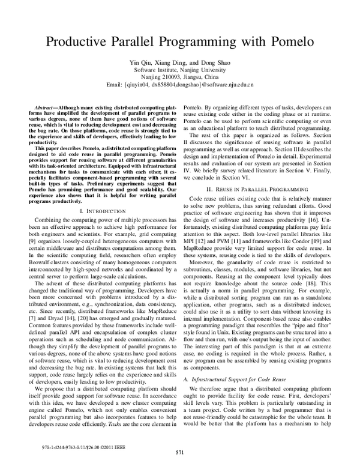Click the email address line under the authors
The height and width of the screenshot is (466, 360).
(179, 85)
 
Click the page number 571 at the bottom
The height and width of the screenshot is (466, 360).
(179, 452)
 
